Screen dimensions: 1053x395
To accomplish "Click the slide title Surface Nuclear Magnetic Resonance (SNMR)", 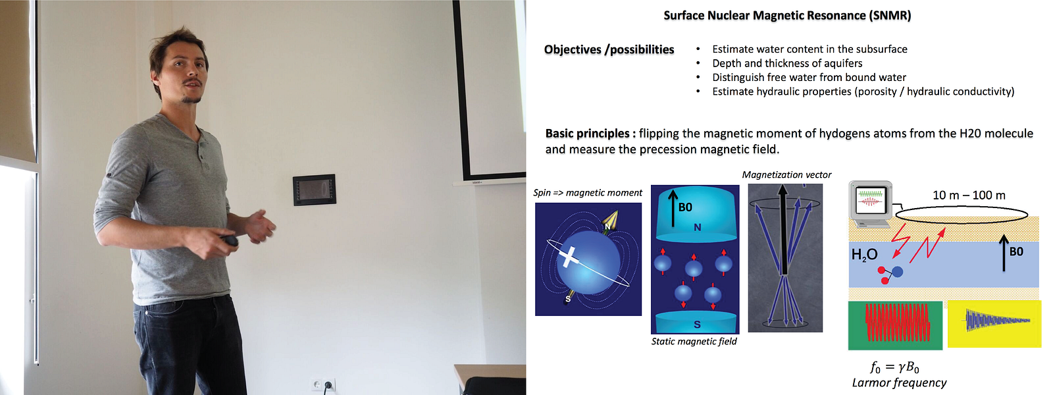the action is [787, 16].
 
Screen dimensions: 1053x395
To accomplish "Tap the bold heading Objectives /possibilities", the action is [609, 49].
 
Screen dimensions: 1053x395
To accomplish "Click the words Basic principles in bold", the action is [590, 134].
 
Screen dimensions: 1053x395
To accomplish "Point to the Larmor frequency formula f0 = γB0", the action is [894, 367].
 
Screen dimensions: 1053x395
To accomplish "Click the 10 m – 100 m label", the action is [969, 195].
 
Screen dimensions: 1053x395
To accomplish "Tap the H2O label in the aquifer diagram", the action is [865, 255].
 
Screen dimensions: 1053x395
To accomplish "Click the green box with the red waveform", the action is [895, 325].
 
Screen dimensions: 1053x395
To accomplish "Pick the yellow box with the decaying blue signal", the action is [994, 324].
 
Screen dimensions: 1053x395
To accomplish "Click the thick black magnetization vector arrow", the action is [783, 230].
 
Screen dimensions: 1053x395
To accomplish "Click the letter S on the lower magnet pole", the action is [697, 325].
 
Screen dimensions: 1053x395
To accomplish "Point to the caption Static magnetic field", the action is [694, 342].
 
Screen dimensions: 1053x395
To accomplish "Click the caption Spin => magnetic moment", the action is [587, 193].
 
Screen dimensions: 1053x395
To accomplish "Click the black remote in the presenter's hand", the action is [230, 241].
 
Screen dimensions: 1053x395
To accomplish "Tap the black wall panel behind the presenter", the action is [314, 190].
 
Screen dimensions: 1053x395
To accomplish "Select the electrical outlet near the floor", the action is [323, 385].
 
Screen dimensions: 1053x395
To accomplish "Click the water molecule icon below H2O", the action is [889, 275].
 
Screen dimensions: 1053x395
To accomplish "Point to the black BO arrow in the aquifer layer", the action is [1004, 253].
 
